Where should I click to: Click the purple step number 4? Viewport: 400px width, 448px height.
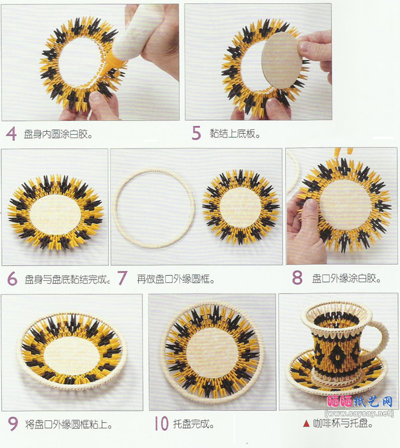(x=11, y=134)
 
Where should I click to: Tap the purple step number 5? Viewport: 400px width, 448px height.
(x=196, y=133)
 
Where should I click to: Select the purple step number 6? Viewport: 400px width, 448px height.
(x=12, y=279)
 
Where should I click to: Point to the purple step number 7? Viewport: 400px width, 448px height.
(x=123, y=278)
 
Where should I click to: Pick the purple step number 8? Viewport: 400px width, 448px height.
(x=297, y=278)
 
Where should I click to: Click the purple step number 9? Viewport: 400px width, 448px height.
(x=13, y=423)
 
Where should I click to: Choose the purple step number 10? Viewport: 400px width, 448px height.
(x=161, y=423)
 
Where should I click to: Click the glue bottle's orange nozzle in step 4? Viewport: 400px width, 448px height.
(x=108, y=68)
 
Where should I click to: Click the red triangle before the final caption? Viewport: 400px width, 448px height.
(x=306, y=423)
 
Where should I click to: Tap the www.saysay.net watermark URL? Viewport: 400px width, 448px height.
(x=359, y=413)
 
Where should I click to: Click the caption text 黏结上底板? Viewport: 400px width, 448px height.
(x=235, y=133)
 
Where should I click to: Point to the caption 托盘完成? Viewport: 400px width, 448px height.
(x=194, y=423)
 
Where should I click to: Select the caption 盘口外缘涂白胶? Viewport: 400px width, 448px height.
(x=346, y=278)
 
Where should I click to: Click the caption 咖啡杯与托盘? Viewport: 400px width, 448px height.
(x=343, y=423)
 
